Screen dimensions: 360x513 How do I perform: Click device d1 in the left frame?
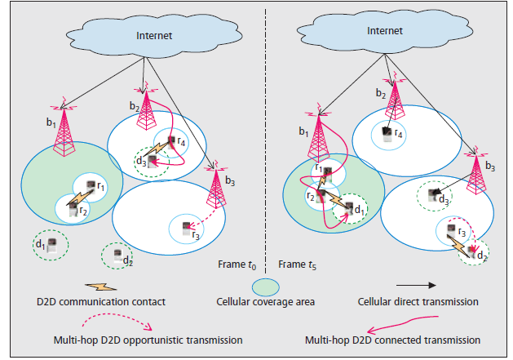[x=51, y=245]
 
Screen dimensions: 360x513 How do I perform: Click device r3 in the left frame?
[x=186, y=228]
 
